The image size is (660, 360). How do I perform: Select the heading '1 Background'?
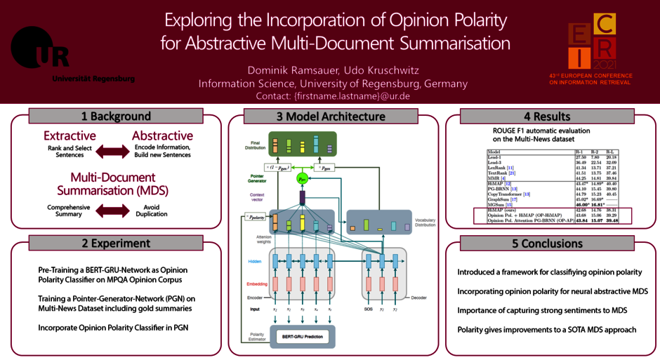(x=116, y=116)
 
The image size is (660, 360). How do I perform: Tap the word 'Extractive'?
(x=70, y=135)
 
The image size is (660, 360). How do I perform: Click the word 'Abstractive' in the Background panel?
(x=162, y=135)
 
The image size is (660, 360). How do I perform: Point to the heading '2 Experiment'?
(x=116, y=244)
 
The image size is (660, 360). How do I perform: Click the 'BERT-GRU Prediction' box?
(x=303, y=337)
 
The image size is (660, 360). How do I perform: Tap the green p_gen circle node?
(x=303, y=178)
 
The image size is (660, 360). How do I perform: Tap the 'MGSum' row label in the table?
(x=499, y=204)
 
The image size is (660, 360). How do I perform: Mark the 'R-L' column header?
(x=612, y=151)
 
